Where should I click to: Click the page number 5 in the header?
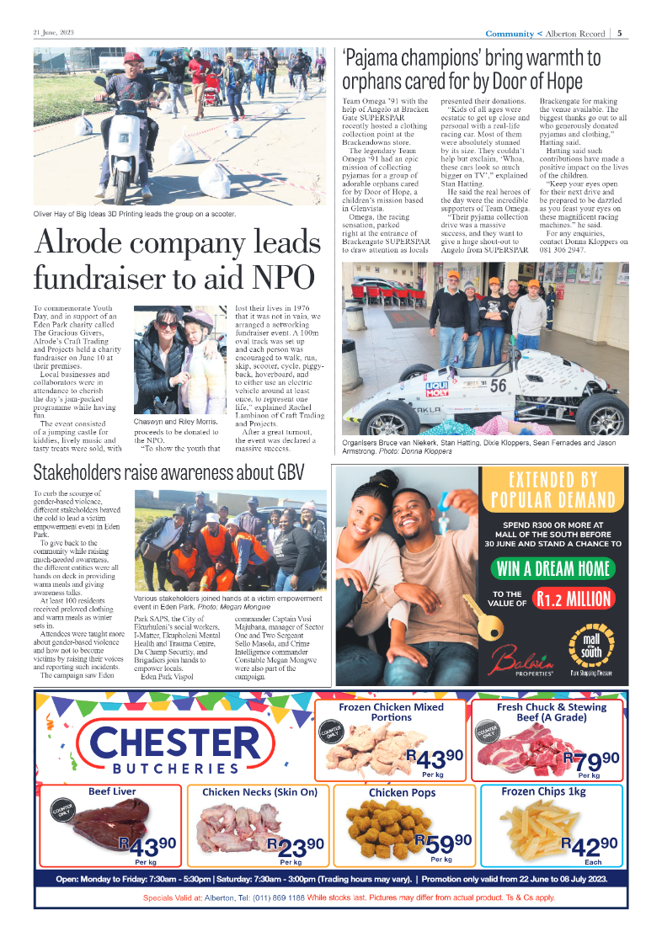click(620, 34)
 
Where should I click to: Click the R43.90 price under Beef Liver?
click(147, 844)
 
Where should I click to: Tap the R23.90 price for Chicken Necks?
click(294, 844)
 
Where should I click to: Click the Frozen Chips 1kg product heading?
click(555, 791)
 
